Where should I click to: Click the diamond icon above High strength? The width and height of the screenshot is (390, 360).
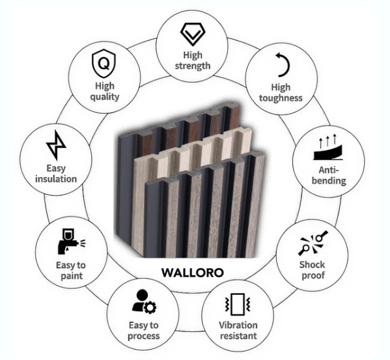point(193,35)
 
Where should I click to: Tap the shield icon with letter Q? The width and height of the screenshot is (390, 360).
point(104,63)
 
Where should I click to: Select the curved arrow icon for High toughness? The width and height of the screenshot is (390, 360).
point(283,64)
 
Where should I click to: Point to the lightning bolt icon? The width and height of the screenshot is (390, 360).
point(56,145)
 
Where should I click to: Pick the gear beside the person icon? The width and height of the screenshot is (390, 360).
point(150,307)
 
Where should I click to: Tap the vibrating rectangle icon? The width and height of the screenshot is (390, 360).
point(238,304)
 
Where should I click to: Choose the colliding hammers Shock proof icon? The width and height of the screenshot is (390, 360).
point(313,243)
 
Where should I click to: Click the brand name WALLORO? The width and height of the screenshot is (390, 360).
point(193,273)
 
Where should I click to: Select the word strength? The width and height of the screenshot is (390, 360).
point(193,66)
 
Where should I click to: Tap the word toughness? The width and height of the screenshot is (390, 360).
point(281,98)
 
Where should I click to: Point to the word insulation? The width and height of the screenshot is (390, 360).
point(56,179)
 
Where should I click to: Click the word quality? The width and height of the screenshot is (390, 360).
point(105,97)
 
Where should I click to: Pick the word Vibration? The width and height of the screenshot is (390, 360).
point(238,325)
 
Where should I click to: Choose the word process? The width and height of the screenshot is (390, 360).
point(143,337)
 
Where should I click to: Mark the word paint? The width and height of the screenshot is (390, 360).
point(72,276)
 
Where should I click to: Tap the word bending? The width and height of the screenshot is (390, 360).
point(329,181)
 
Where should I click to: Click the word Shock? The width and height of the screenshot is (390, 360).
point(312,265)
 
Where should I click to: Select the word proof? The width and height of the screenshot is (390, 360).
point(313,276)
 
